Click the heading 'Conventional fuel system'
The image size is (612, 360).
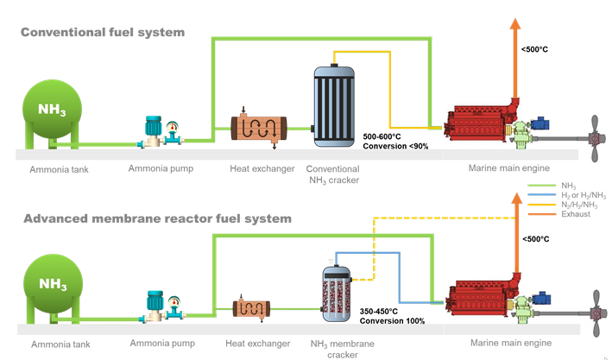click(x=103, y=33)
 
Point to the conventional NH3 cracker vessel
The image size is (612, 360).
click(x=333, y=101)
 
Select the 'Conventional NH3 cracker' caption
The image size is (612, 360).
click(x=333, y=174)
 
